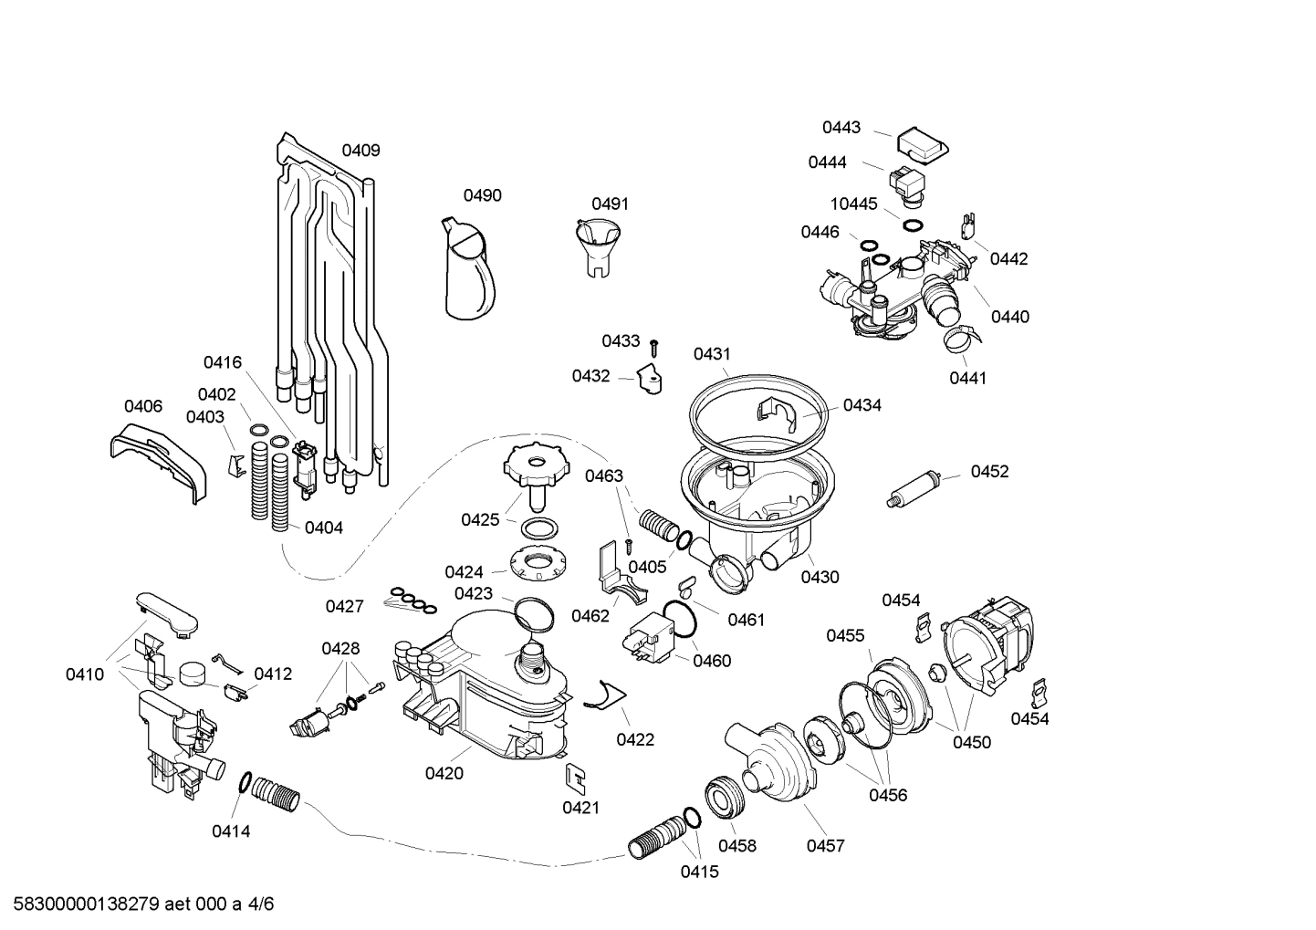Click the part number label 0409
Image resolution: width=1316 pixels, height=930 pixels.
coord(360,151)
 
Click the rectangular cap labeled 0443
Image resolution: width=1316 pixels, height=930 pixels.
coord(920,144)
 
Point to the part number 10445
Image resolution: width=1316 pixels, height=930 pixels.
coord(853,204)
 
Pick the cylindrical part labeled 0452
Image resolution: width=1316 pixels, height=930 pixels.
coord(914,489)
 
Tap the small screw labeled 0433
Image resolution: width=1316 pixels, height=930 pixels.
coord(654,347)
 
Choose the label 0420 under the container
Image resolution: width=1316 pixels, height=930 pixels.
coord(444,773)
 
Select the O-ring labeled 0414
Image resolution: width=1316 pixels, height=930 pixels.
coord(245,782)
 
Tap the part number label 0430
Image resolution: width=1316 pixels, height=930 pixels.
coord(820,577)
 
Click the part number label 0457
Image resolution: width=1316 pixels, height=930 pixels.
coord(825,846)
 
